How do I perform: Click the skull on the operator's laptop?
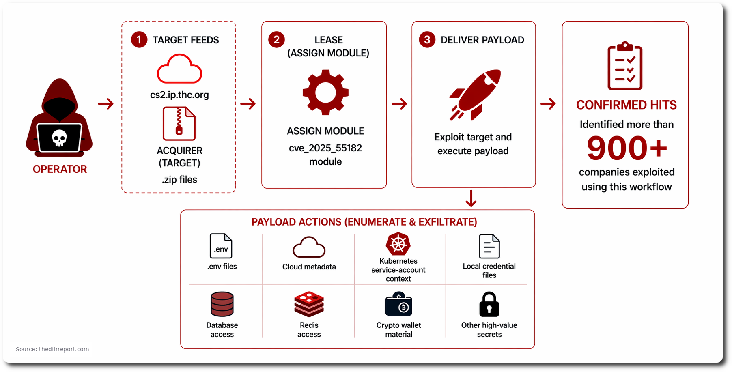click(x=59, y=138)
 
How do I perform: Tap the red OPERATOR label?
click(x=60, y=169)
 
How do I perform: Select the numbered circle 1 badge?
click(x=139, y=40)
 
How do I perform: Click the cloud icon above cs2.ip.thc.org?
click(x=179, y=69)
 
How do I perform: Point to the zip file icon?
click(x=179, y=123)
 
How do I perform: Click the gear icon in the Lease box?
click(x=325, y=92)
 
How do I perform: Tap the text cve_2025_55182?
click(x=325, y=148)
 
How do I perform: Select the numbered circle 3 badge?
click(x=427, y=40)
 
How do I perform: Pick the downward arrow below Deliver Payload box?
click(x=471, y=198)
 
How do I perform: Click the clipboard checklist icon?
click(x=625, y=66)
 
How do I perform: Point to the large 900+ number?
click(x=627, y=148)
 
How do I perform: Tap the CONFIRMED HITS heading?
click(x=626, y=105)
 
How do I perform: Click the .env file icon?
click(x=221, y=246)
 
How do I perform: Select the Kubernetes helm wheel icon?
click(x=398, y=244)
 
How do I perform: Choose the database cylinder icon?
click(x=222, y=304)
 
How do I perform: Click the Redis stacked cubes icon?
click(x=309, y=304)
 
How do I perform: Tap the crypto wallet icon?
click(x=398, y=304)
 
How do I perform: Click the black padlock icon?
click(x=489, y=304)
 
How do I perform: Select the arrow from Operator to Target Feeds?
click(x=106, y=104)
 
